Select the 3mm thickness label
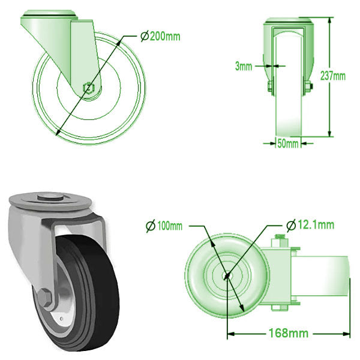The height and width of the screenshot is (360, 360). pyautogui.click(x=243, y=66)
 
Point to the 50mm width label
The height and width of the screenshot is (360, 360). pyautogui.click(x=288, y=143)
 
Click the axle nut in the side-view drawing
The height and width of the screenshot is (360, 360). pyautogui.click(x=89, y=88)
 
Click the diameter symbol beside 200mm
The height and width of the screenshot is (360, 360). pyautogui.click(x=144, y=37)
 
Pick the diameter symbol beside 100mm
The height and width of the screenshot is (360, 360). pyautogui.click(x=151, y=226)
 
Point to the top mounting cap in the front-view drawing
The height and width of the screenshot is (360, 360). pyautogui.click(x=289, y=22)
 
